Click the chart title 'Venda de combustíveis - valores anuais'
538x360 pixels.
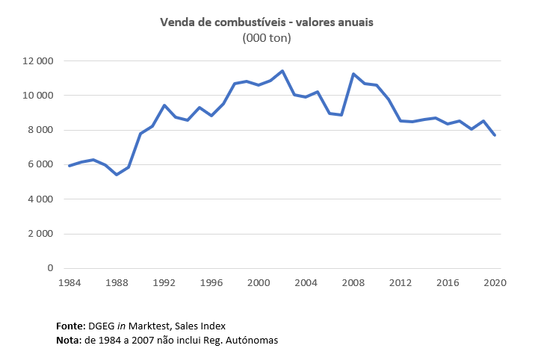pos(266,22)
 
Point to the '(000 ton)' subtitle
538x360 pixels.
pos(267,38)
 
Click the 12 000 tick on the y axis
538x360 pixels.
pos(37,60)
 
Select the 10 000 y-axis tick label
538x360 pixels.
pos(37,96)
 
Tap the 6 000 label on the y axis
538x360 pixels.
pos(40,164)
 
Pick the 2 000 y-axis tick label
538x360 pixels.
pos(40,234)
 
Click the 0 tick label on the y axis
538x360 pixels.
pos(51,268)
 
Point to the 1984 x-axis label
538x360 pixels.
pos(69,282)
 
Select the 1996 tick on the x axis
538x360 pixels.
pos(211,282)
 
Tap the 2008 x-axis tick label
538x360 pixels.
pos(354,282)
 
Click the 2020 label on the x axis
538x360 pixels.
pos(495,282)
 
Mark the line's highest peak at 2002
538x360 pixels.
pos(282,71)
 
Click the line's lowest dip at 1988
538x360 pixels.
pos(117,175)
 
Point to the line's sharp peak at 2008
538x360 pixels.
pos(353,74)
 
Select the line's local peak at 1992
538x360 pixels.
pos(164,105)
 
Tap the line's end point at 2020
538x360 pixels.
pos(495,135)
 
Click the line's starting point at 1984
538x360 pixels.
pos(69,166)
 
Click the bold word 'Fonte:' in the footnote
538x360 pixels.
pos(72,326)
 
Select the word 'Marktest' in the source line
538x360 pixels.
pos(161,326)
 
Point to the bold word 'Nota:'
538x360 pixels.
pos(69,341)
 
